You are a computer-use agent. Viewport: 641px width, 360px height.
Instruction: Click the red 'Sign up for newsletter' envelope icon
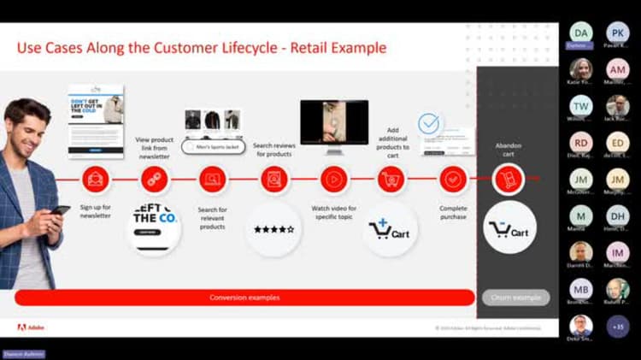click(95, 180)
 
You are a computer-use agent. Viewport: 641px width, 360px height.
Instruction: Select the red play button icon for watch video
click(333, 180)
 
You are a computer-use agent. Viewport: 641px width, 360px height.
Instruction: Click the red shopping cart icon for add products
click(391, 180)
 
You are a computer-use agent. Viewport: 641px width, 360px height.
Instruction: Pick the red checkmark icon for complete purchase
click(453, 180)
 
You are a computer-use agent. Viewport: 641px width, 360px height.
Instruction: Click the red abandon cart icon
click(508, 180)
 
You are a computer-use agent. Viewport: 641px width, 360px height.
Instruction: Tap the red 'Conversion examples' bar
click(244, 298)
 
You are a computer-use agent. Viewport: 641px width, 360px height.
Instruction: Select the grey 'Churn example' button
click(515, 298)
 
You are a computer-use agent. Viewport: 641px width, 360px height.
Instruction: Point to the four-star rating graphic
click(273, 229)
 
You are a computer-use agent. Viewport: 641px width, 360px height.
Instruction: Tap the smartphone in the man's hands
click(61, 210)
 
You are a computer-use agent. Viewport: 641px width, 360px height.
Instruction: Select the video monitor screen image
click(333, 121)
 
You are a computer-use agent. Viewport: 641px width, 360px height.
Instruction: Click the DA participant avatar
click(580, 32)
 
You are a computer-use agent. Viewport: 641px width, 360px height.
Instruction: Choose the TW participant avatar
click(580, 106)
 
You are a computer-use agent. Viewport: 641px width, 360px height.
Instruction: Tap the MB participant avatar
click(580, 288)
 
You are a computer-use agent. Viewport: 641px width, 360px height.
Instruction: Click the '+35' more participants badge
click(617, 326)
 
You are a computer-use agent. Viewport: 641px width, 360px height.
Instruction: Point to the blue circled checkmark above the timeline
click(429, 124)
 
